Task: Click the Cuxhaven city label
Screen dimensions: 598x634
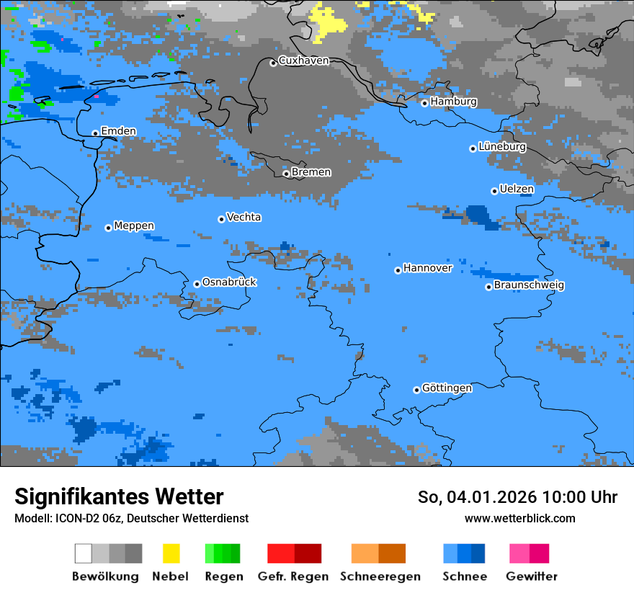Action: [303, 61]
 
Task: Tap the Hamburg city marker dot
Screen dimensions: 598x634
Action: [425, 103]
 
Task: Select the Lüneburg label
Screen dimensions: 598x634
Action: [501, 146]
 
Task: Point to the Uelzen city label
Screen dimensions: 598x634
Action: [517, 189]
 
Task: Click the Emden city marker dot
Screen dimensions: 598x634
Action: [95, 133]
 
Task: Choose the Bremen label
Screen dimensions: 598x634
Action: [311, 172]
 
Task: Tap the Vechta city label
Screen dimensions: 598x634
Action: [244, 217]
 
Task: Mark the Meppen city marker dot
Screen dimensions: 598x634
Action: [109, 228]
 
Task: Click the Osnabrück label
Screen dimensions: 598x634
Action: [229, 282]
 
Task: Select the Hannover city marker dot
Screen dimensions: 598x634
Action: [398, 271]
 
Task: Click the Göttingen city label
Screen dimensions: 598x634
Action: [447, 388]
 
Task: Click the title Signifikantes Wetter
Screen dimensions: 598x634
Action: [119, 496]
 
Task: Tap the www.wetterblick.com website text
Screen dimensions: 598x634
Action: [519, 518]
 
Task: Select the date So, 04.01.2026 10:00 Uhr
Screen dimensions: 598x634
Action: [517, 497]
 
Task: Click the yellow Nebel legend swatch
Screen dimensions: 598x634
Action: [171, 553]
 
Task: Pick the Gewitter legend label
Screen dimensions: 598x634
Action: [532, 576]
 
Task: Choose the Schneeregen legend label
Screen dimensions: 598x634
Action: [380, 576]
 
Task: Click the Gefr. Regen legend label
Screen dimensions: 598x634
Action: [293, 576]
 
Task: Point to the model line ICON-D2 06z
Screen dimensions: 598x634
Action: [131, 518]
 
